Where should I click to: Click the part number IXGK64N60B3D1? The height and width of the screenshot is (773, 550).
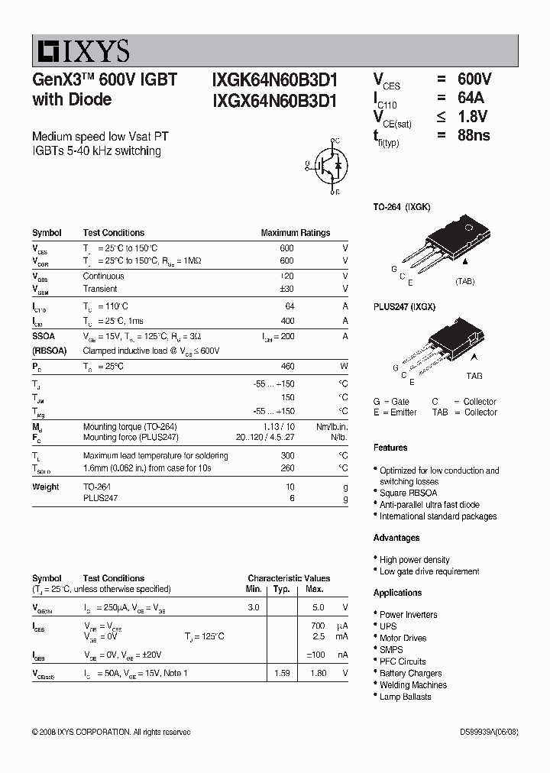pos(274,81)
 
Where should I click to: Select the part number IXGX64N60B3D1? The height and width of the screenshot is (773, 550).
pos(274,100)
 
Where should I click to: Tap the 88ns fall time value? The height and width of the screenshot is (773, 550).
pos(474,136)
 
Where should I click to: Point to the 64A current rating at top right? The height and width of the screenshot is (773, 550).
pos(471,98)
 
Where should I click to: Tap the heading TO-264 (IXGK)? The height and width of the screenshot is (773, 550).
pos(402,207)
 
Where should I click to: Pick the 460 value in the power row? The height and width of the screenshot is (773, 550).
pos(287,367)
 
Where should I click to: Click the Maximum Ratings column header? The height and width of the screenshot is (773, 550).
pos(296,233)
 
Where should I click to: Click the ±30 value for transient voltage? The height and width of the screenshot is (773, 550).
pos(286,289)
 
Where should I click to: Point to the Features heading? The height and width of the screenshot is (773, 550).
pos(390,448)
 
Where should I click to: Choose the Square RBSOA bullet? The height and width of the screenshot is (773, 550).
pos(408,493)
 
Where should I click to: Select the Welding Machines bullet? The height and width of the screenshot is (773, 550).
pos(412,685)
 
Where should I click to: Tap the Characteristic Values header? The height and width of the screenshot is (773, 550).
pos(289,578)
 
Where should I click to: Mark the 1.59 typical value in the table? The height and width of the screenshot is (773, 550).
pos(282,673)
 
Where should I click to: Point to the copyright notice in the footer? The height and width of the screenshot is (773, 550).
pos(112,732)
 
